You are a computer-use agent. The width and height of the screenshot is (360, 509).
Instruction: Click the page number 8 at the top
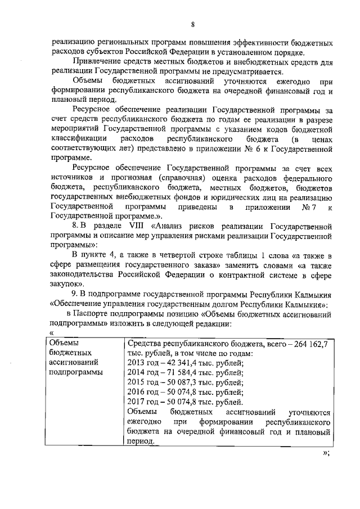[x=192, y=24]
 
